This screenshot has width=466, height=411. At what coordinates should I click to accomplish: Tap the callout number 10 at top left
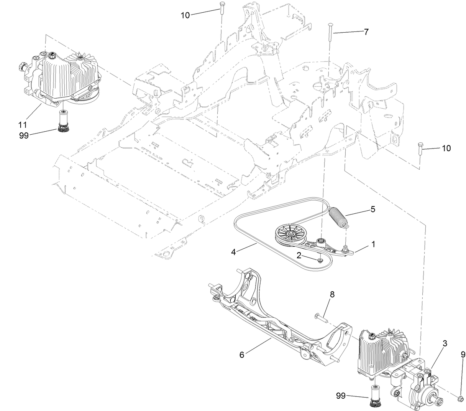click(185, 15)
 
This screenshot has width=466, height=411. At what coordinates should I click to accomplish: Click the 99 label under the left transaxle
click(24, 135)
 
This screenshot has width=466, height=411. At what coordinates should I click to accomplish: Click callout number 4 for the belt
click(234, 252)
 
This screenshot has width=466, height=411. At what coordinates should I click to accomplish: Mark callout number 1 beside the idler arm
click(373, 243)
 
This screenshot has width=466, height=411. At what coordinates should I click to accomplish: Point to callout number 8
click(332, 294)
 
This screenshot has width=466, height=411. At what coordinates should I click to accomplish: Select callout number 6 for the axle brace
click(241, 355)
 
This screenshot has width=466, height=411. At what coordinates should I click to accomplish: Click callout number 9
click(463, 355)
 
